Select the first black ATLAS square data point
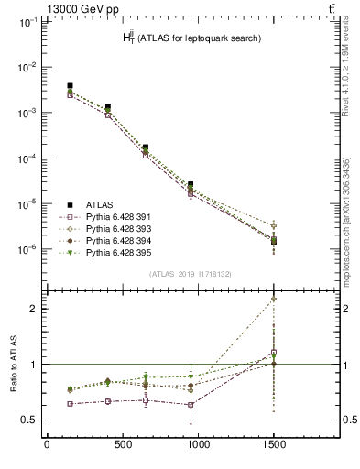tap(70, 86)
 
